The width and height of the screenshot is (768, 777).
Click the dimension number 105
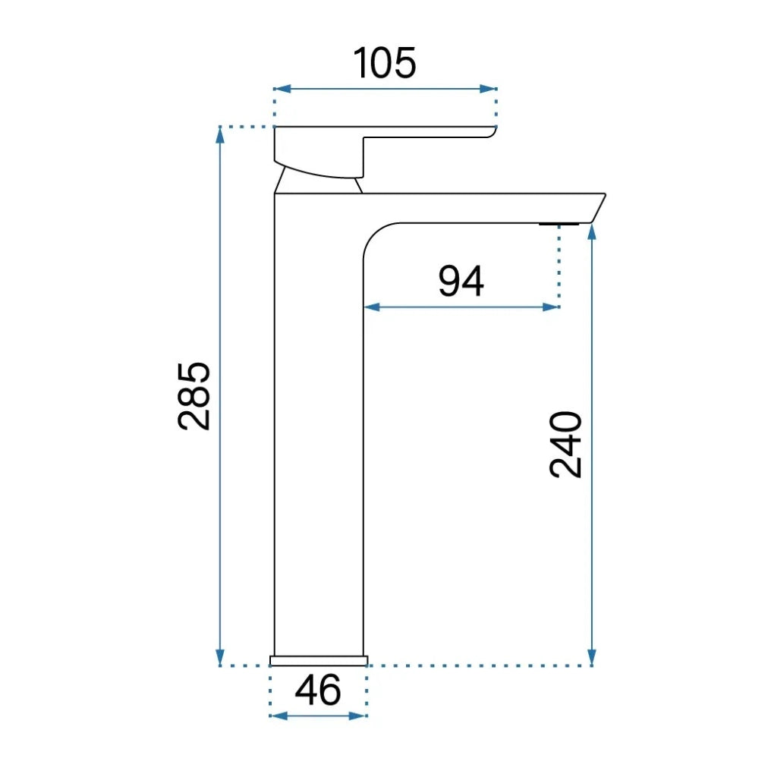pyautogui.click(x=385, y=63)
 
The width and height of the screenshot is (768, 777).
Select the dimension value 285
pyautogui.click(x=194, y=396)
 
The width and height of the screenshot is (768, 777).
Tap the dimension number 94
pyautogui.click(x=461, y=281)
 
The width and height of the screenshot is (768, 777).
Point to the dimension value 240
pyautogui.click(x=565, y=445)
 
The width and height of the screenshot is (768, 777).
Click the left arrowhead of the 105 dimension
pyautogui.click(x=282, y=90)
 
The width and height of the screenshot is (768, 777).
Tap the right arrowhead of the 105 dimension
pyautogui.click(x=488, y=90)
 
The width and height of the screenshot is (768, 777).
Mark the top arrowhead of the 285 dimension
pyautogui.click(x=221, y=135)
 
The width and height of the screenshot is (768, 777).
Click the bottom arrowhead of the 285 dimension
pyautogui.click(x=221, y=657)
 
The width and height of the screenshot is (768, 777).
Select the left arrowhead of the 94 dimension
pyautogui.click(x=372, y=307)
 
